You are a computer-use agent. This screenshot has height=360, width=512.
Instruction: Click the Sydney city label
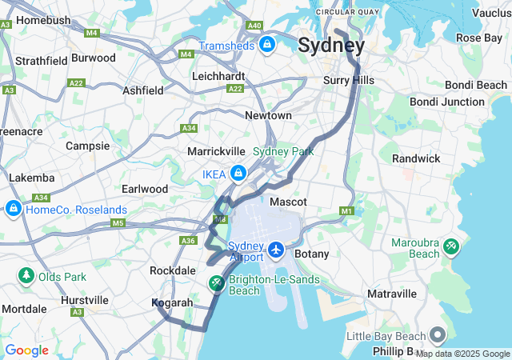331,45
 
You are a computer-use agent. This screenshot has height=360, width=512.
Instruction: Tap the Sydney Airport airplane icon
276,250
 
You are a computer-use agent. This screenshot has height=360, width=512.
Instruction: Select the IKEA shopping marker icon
238,173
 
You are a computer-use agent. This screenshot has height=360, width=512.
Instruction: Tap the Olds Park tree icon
26,277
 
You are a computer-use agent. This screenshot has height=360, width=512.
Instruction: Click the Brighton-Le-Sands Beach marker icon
217,284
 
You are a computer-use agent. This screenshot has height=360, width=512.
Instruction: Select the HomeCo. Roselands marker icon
14,210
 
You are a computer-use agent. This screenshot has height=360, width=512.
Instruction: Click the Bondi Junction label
446,102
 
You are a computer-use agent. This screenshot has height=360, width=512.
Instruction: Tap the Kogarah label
172,303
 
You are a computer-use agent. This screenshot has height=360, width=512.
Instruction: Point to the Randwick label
416,158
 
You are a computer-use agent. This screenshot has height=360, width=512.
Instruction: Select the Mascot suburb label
289,202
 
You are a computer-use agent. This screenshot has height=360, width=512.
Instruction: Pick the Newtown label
268,115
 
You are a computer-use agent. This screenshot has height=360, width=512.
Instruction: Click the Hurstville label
85,300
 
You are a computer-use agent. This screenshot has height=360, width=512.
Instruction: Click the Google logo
26,350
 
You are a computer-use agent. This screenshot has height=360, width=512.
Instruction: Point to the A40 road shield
254,26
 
